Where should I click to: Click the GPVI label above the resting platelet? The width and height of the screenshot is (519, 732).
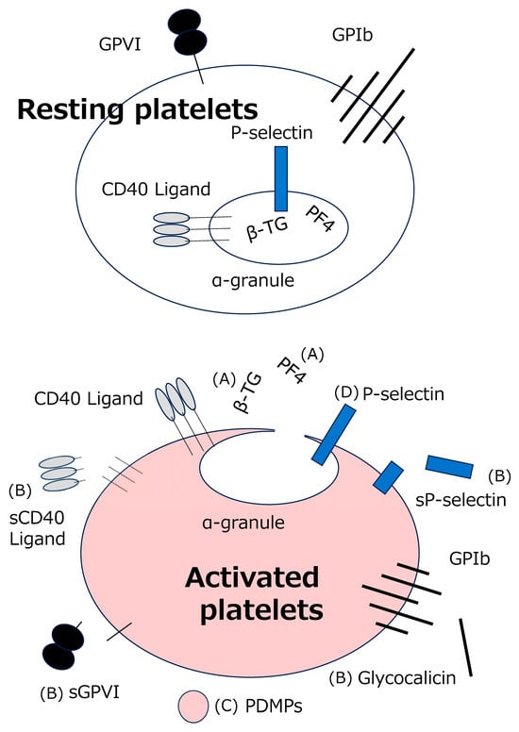coord(120,44)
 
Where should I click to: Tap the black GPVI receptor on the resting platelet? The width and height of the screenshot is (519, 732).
coord(188,32)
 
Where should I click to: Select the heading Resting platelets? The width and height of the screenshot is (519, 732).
coord(138,109)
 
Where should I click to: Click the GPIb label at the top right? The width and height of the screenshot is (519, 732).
coord(352,35)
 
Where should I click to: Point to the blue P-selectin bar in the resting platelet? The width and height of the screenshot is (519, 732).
coord(281,179)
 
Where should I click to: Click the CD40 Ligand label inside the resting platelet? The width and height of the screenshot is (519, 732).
coord(156,189)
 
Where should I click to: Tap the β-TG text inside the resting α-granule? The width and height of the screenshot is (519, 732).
coord(267,229)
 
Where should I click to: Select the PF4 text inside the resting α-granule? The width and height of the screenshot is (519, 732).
coord(320,220)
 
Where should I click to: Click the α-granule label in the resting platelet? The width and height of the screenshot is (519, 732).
coord(253,280)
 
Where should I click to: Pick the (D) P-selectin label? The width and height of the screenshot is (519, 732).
coord(389,394)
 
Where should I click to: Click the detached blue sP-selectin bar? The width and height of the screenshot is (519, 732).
coord(449,467)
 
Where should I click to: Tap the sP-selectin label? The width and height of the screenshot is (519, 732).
coord(460,500)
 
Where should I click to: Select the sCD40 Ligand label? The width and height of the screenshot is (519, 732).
coord(38,528)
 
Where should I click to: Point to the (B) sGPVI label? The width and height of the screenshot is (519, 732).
coord(80,692)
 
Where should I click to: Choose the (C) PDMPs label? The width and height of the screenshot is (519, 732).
coord(259,707)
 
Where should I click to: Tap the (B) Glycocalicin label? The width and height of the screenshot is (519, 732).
coord(393,677)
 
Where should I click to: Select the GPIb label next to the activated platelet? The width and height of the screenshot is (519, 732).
coord(470,558)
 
